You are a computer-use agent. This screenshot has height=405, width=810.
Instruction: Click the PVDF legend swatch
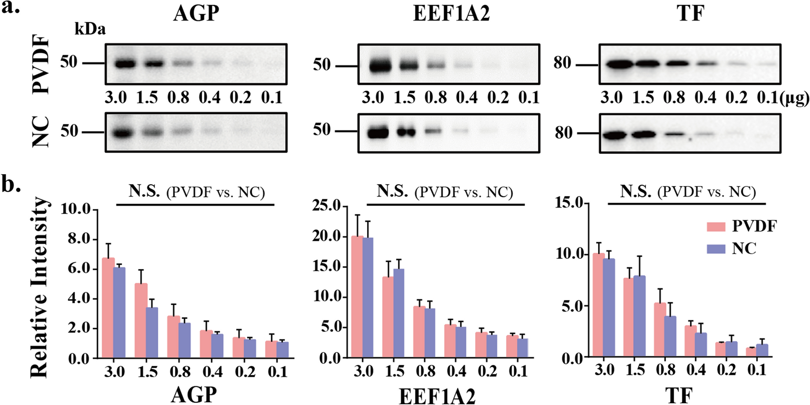pos(716,226)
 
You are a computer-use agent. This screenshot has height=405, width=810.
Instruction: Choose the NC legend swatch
pos(716,249)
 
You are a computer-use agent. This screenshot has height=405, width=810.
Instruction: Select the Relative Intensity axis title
pos(39,288)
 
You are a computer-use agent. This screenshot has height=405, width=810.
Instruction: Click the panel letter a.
pos(10,8)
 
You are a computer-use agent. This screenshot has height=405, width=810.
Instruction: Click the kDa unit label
pos(90,29)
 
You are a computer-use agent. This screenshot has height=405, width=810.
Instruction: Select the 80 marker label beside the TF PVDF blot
pos(562,63)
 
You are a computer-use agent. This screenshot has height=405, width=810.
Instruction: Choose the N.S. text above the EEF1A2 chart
pos(392,191)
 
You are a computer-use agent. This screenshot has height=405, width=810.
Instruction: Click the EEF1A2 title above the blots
pos(451,13)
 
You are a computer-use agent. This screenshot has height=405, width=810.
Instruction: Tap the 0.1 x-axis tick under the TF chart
pos(757,369)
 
